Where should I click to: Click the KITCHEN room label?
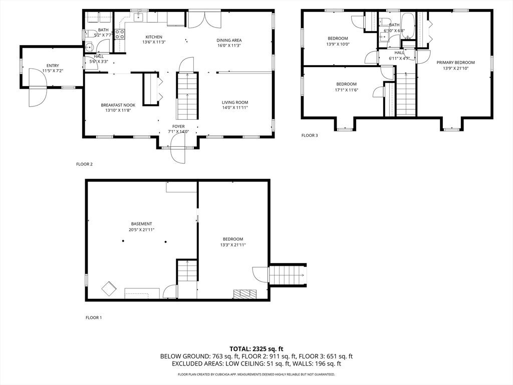(x=154, y=37)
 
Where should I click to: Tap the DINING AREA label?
(x=229, y=40)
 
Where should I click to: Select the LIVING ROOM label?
(x=235, y=102)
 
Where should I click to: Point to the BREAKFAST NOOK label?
(x=118, y=105)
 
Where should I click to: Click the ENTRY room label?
(x=53, y=66)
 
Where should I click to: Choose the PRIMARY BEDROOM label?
(x=455, y=63)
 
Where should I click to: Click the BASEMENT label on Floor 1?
(x=141, y=224)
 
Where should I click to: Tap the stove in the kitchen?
(x=119, y=35)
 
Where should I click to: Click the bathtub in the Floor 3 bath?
(x=408, y=26)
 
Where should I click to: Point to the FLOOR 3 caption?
(x=310, y=135)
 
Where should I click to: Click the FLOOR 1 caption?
(x=94, y=317)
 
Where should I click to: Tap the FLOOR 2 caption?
(x=84, y=164)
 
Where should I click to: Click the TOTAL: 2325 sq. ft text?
(x=256, y=349)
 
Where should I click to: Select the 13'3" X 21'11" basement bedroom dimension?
(x=233, y=245)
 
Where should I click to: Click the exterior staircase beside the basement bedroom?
(x=287, y=275)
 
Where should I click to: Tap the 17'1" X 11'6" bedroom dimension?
(x=346, y=90)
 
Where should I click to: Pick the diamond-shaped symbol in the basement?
(x=109, y=288)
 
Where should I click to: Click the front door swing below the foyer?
(x=178, y=149)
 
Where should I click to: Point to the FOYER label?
(x=179, y=126)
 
